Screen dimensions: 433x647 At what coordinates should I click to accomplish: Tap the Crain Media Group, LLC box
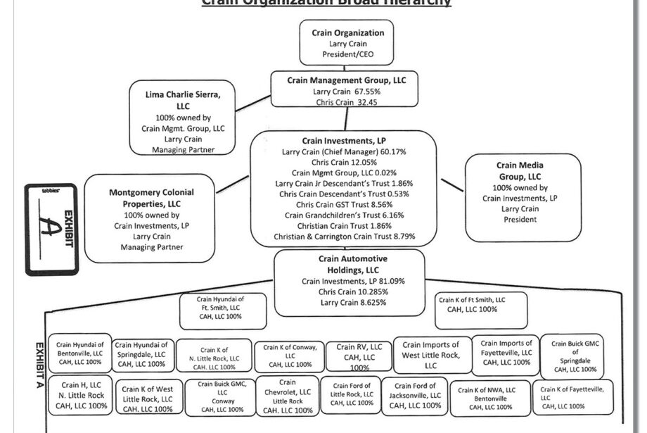pyautogui.click(x=525, y=192)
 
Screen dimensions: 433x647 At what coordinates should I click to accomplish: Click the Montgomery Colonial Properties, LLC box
pyautogui.click(x=152, y=219)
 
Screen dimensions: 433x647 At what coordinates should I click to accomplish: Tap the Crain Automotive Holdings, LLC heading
pyautogui.click(x=348, y=264)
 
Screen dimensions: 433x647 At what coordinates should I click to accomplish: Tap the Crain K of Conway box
pyautogui.click(x=288, y=356)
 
